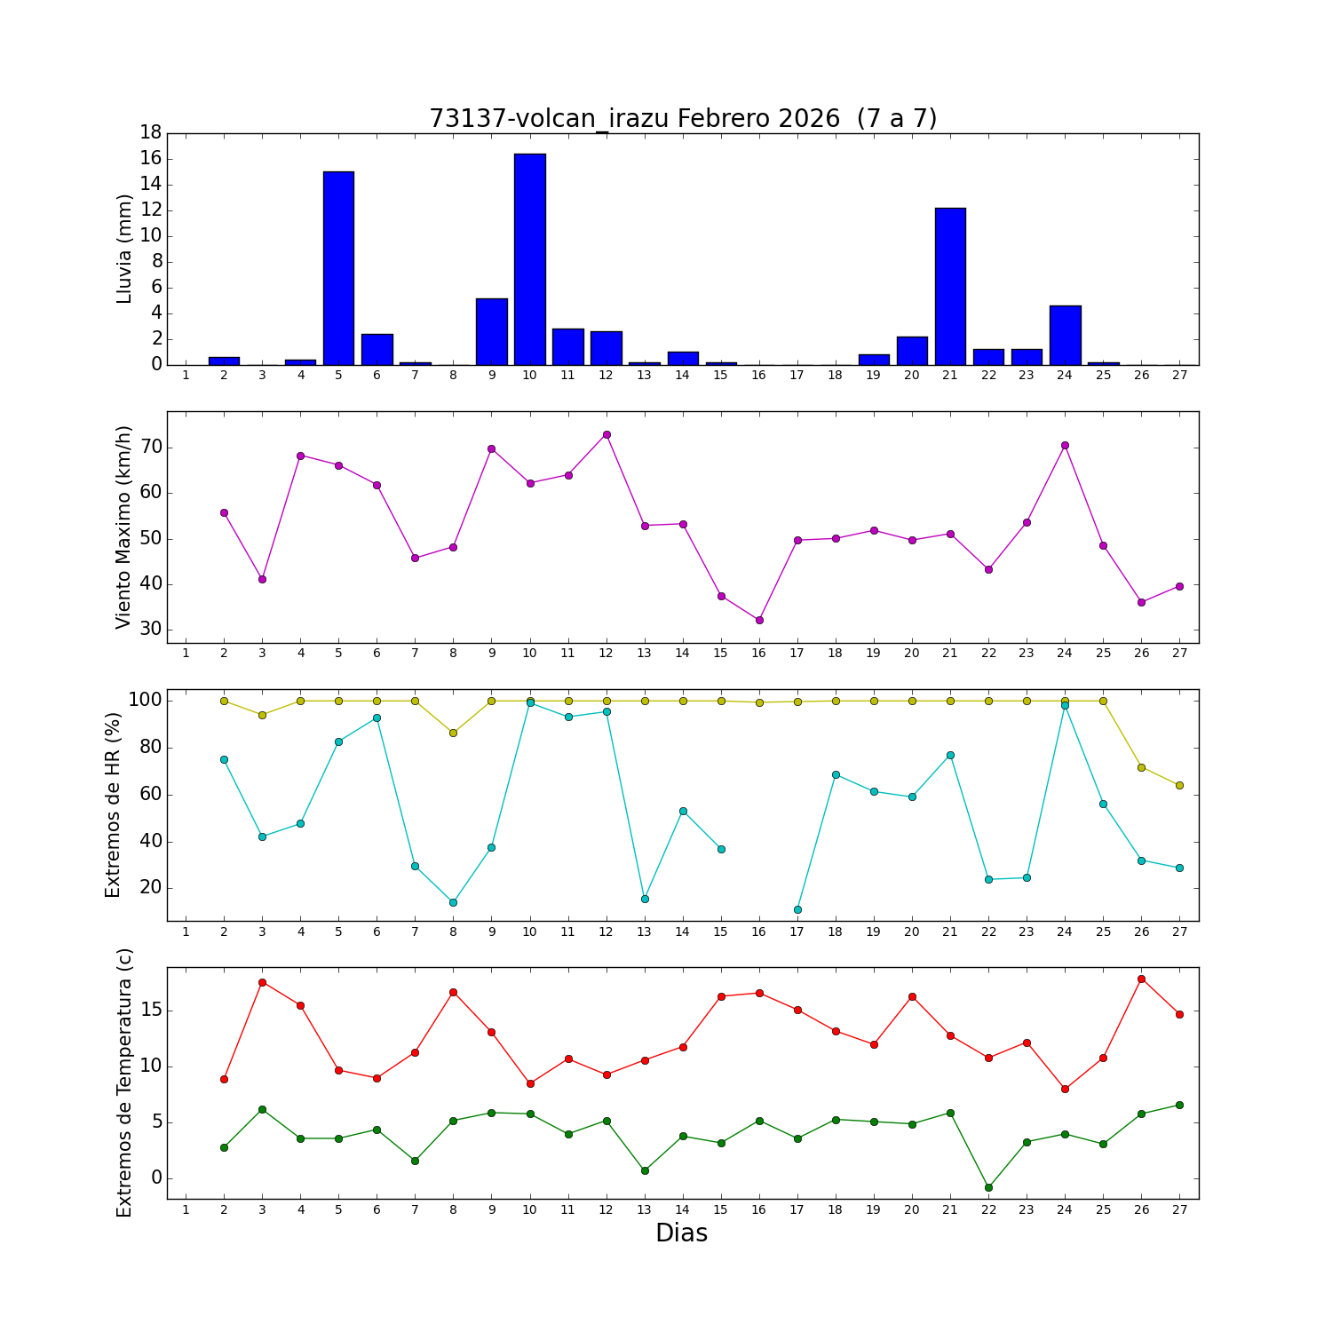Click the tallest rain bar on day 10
(530, 259)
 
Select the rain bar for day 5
(338, 268)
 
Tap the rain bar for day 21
(950, 286)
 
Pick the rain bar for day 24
(1065, 335)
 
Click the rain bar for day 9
(491, 331)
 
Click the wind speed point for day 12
(607, 434)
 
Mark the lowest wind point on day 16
(759, 620)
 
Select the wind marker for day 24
(1065, 445)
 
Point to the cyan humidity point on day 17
(797, 909)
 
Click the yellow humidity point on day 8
(453, 733)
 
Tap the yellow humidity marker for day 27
(1179, 785)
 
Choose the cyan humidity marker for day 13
(645, 899)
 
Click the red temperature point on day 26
(1141, 979)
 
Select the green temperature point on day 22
(988, 1187)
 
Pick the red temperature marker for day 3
(262, 982)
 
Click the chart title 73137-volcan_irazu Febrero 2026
(683, 118)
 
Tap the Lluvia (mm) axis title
(124, 249)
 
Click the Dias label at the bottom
(681, 1233)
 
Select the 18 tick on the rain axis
(150, 132)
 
